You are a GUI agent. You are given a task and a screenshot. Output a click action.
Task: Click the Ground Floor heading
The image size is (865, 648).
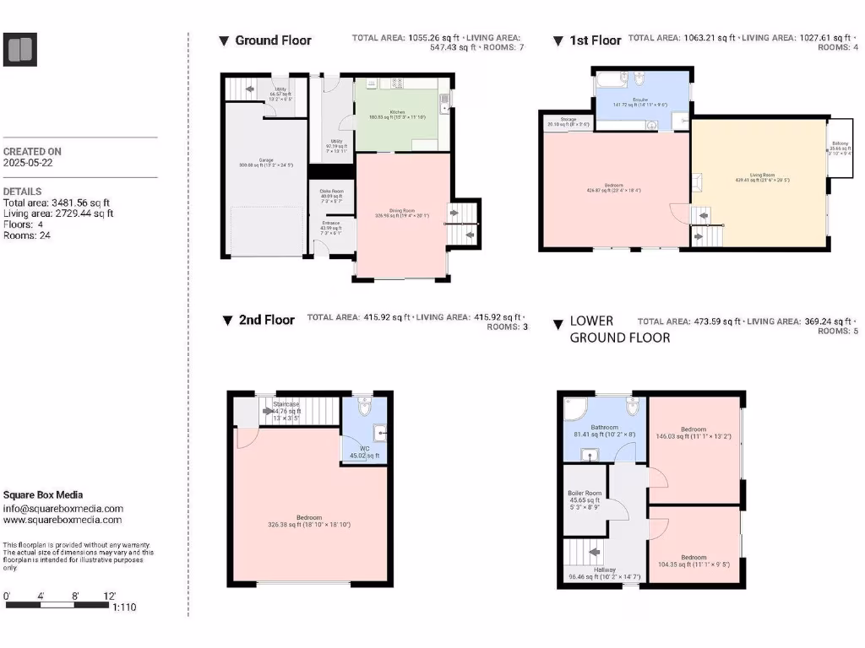click(x=273, y=40)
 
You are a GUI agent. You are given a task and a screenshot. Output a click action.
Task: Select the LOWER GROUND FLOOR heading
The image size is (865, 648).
click(x=620, y=329)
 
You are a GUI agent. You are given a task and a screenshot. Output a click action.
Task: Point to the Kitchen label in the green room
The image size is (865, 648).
click(x=397, y=112)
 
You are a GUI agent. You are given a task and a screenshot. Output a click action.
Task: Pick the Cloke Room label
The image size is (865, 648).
click(x=331, y=192)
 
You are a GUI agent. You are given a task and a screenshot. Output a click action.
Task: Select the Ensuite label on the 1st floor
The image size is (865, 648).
click(x=639, y=100)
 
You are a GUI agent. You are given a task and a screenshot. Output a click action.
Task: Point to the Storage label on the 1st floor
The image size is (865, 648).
click(x=568, y=120)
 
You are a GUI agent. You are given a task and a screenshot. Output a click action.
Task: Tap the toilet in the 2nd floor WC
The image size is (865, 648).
click(x=364, y=407)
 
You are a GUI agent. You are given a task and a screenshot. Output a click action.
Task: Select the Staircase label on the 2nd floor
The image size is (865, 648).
click(x=286, y=405)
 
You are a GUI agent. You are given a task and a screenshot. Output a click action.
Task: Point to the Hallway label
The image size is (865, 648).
click(x=604, y=570)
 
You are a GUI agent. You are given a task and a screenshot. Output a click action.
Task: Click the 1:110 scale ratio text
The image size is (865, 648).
click(x=123, y=607)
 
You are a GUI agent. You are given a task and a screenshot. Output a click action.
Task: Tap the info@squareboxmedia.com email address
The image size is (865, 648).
click(x=63, y=509)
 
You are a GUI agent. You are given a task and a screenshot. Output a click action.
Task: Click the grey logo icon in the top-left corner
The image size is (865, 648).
click(x=19, y=50)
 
